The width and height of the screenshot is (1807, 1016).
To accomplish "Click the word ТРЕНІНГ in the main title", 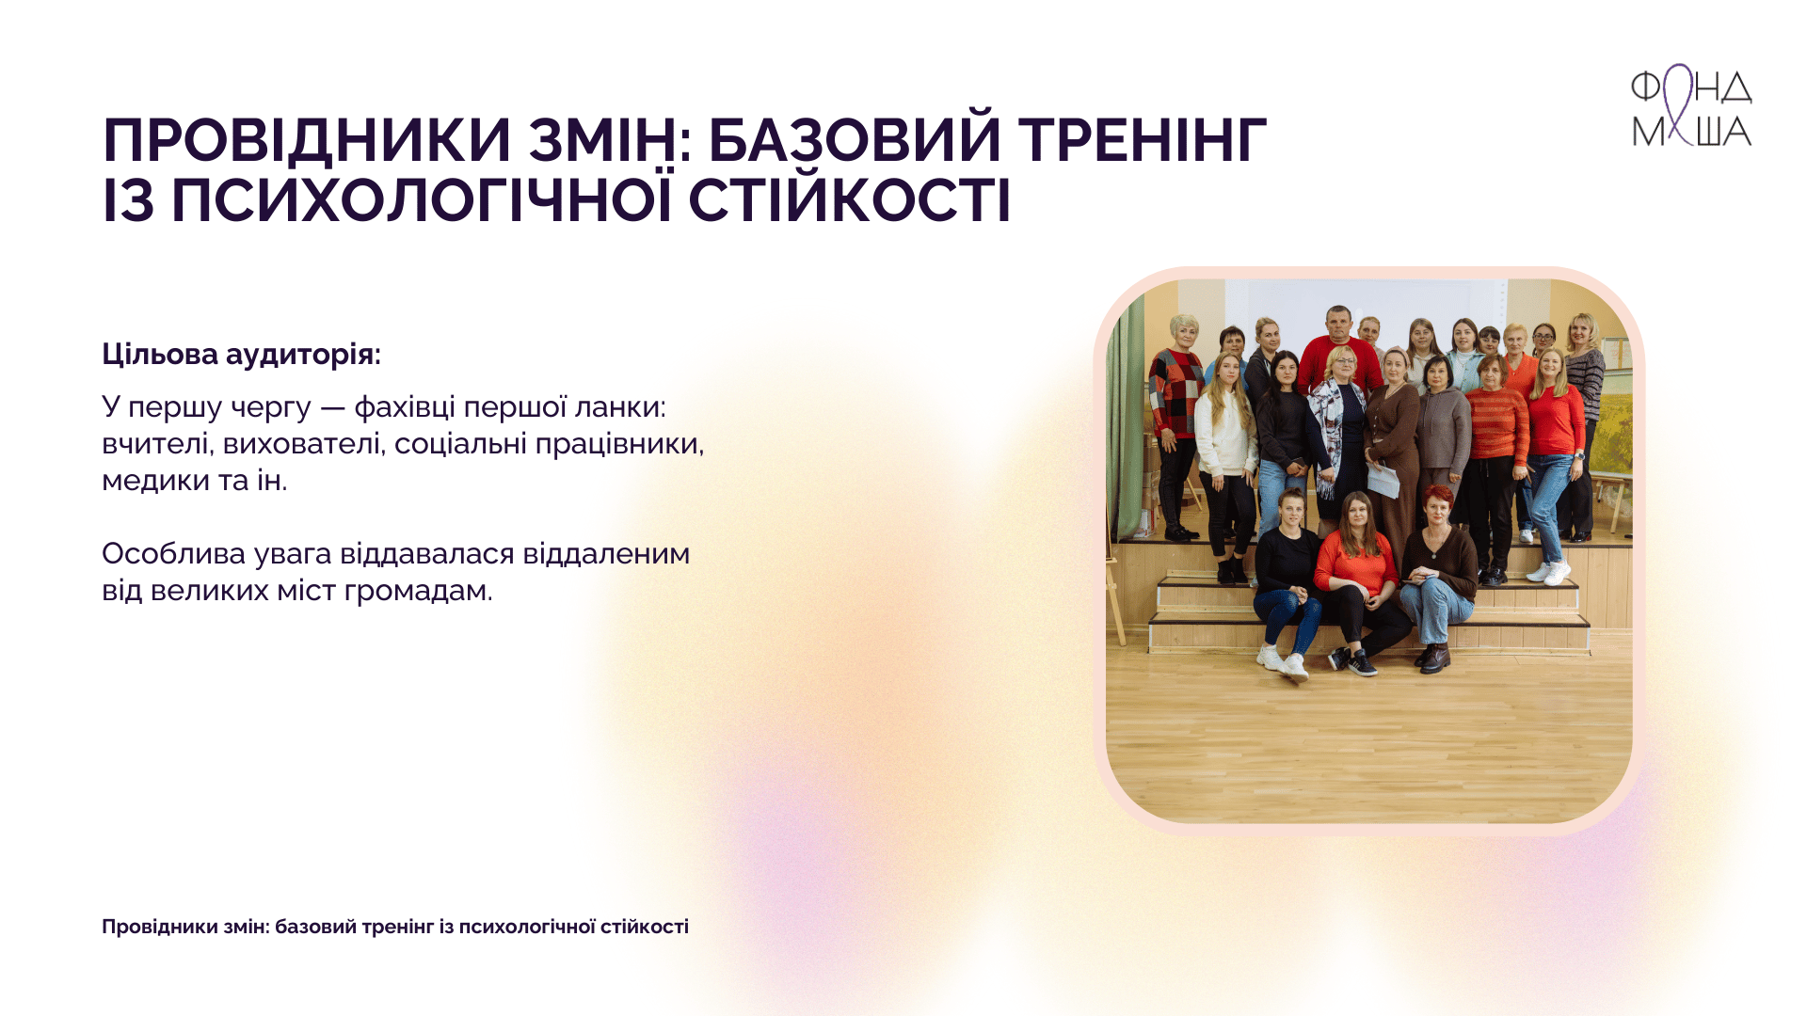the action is click(x=1143, y=140).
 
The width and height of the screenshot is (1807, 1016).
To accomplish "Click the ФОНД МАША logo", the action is click(x=1691, y=105).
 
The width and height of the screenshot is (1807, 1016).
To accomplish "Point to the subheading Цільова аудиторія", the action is click(x=241, y=355).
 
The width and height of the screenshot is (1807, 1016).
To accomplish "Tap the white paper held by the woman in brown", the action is click(x=1383, y=480).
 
